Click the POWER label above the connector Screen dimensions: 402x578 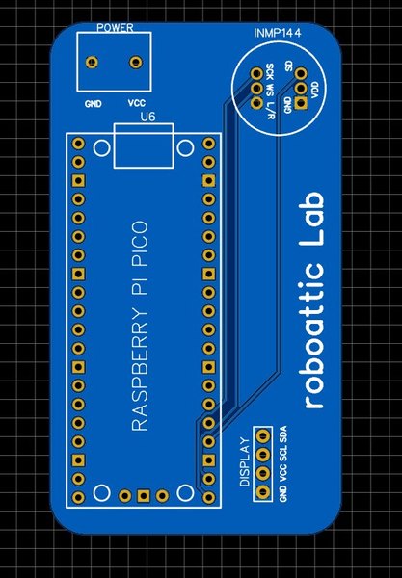pyautogui.click(x=115, y=28)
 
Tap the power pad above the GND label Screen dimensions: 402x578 pyautogui.click(x=92, y=62)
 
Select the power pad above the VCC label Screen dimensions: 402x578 pyautogui.click(x=136, y=62)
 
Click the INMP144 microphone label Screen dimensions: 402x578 pyautogui.click(x=278, y=33)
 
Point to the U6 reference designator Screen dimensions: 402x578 pyautogui.click(x=147, y=117)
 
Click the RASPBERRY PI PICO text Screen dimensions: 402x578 pyautogui.click(x=140, y=326)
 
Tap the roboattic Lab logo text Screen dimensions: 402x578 pyautogui.click(x=314, y=300)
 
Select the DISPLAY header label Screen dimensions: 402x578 pyautogui.click(x=245, y=461)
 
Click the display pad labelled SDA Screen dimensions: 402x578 pyautogui.click(x=262, y=436)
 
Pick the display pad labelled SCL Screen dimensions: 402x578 pyautogui.click(x=262, y=454)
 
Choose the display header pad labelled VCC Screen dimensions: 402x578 pyautogui.click(x=262, y=473)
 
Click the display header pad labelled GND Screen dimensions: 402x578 pyautogui.click(x=262, y=491)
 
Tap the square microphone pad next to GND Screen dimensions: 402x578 pyautogui.click(x=301, y=103)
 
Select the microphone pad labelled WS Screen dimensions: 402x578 pyautogui.click(x=255, y=88)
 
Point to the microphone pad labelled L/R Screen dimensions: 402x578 pyautogui.click(x=255, y=103)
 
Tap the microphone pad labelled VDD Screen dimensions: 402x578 pyautogui.click(x=301, y=88)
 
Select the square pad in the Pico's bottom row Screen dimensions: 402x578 pyautogui.click(x=143, y=496)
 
